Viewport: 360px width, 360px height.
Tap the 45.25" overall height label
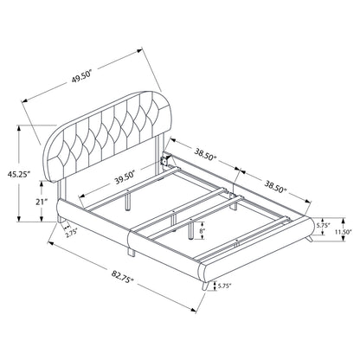(19, 174)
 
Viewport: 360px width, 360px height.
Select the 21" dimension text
(42, 202)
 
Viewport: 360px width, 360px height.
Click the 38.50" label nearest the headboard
(205, 155)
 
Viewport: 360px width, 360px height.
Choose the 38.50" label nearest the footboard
(276, 186)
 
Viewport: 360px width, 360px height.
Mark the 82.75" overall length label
(123, 275)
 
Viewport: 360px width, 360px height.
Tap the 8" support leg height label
(203, 231)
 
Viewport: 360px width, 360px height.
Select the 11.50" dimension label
(344, 231)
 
